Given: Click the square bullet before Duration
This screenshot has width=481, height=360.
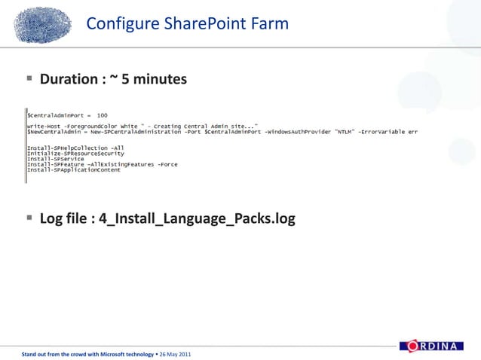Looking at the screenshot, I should tap(29, 78).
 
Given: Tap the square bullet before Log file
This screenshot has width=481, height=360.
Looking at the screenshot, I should tap(29, 218).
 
